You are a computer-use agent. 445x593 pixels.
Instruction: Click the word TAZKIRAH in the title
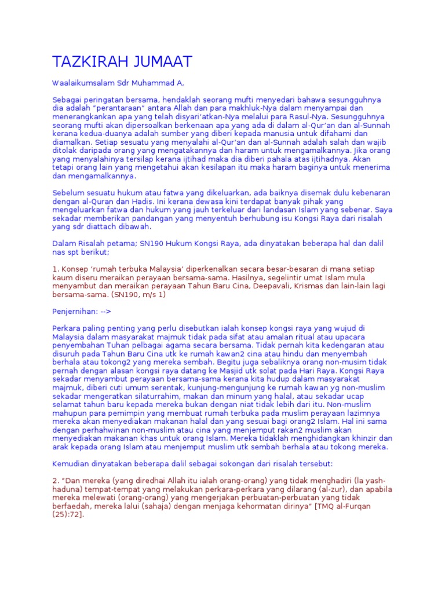tap(90, 62)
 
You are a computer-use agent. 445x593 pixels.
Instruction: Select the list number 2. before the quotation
tap(56, 481)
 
